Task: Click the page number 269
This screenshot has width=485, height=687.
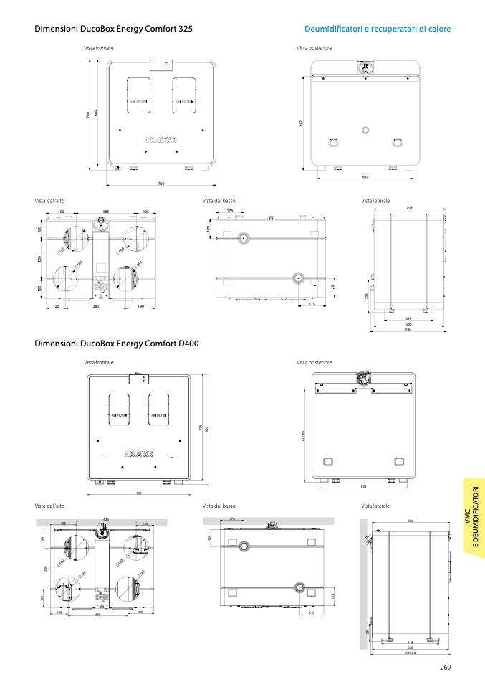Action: [445, 668]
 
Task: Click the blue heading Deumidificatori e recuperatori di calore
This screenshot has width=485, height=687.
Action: [378, 29]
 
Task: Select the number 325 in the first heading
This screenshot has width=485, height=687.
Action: [185, 29]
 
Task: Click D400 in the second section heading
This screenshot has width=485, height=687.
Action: [188, 343]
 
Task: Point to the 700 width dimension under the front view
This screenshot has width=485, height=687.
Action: [161, 184]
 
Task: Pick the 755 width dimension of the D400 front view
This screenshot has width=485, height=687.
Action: [139, 493]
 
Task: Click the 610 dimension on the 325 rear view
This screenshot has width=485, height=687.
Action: [365, 176]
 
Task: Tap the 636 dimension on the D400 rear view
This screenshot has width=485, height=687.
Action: [363, 487]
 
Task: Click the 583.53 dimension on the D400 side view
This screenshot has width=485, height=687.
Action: [410, 651]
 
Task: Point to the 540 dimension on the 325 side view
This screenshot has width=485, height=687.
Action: [408, 329]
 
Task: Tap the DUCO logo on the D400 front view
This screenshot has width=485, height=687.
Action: [140, 453]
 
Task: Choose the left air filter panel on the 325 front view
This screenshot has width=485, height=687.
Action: [138, 102]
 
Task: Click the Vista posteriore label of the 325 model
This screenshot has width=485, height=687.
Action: [314, 48]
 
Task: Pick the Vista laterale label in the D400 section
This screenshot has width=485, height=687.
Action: [375, 506]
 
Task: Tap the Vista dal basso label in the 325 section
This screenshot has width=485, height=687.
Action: [219, 201]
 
